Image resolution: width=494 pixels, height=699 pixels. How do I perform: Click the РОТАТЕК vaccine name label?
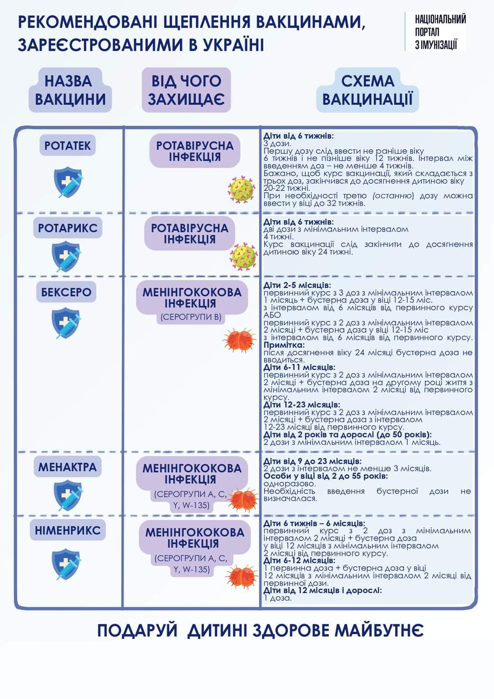click(x=68, y=146)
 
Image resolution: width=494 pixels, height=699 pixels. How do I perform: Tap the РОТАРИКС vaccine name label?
click(x=68, y=228)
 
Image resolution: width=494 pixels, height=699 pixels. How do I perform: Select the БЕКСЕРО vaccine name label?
click(x=66, y=292)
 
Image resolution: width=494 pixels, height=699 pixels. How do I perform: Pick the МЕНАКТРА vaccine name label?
click(x=67, y=467)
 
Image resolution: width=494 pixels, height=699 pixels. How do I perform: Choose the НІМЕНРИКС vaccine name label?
click(x=68, y=531)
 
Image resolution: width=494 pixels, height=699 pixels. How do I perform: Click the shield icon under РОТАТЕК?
click(x=68, y=182)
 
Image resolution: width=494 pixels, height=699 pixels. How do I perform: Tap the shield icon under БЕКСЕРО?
click(x=66, y=323)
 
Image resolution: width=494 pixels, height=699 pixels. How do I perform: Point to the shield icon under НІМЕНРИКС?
click(x=66, y=564)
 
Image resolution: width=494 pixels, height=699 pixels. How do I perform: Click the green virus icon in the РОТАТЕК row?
click(x=242, y=190)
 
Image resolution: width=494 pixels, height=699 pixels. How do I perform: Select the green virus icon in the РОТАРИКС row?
click(x=244, y=257)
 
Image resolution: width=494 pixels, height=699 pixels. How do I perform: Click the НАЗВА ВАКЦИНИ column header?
click(x=70, y=90)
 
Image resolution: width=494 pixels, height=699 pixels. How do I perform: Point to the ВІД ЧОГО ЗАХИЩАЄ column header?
click(x=186, y=90)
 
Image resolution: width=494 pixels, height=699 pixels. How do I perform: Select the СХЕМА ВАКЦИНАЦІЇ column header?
click(x=367, y=90)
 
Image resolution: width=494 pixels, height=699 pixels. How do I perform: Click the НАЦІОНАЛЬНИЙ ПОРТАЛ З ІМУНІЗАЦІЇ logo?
click(x=440, y=32)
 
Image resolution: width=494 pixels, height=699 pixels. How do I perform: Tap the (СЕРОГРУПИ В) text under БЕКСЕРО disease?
click(x=191, y=317)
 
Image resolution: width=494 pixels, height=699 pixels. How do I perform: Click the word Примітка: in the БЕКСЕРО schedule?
click(x=284, y=345)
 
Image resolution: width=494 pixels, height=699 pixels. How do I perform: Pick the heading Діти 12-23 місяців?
click(x=302, y=405)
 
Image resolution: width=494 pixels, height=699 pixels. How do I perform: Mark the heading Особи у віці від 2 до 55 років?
click(x=326, y=476)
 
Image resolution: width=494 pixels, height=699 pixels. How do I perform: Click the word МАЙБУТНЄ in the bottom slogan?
click(x=379, y=631)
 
